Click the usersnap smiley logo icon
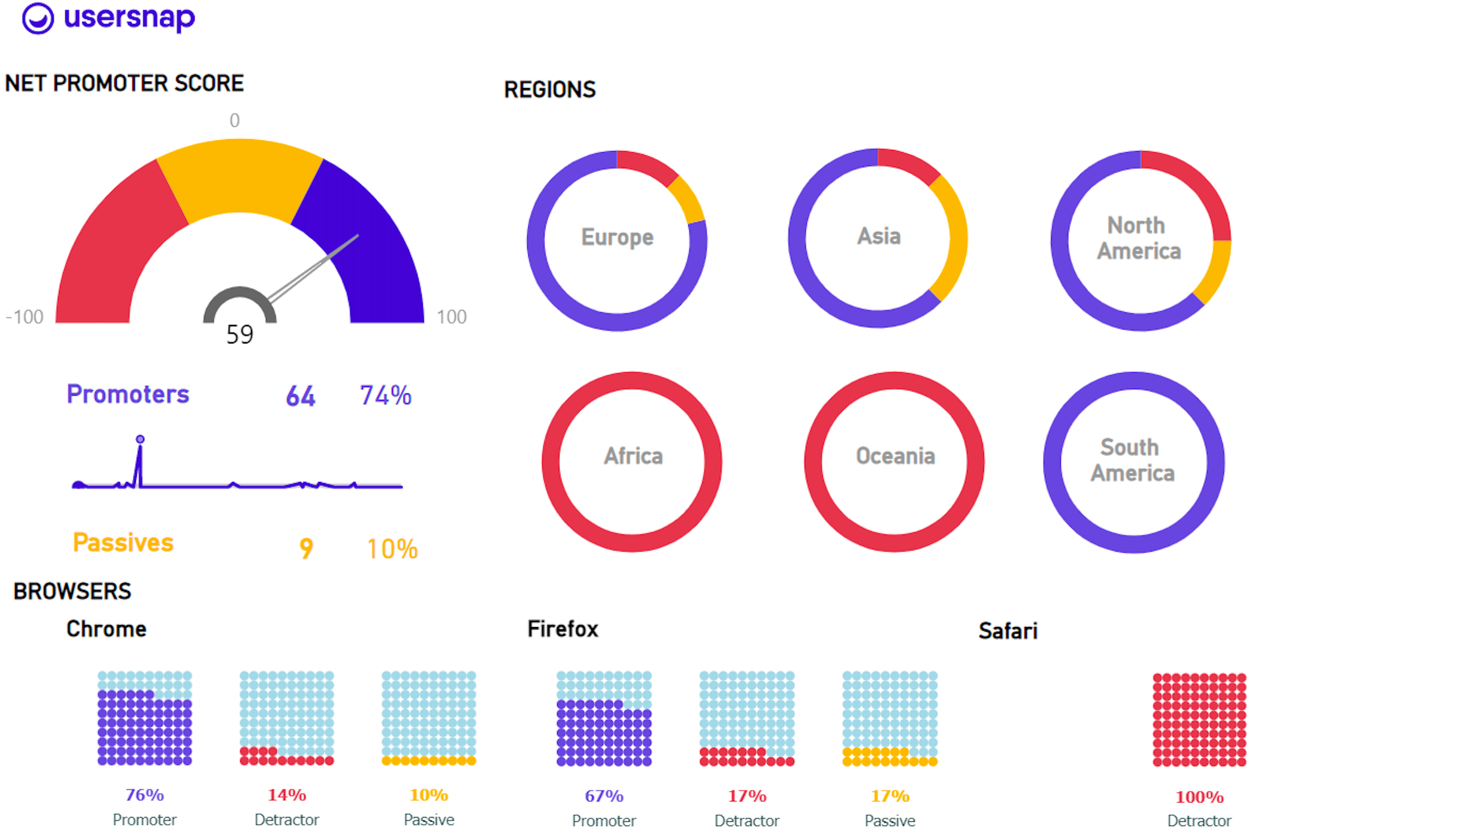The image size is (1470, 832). pos(37,19)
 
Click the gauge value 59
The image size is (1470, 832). pos(240,334)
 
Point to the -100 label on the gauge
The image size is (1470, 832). pos(25,316)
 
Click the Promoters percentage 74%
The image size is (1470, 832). pos(385,396)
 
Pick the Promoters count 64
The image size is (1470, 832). pos(301,396)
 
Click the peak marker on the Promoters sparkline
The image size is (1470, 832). pos(140,439)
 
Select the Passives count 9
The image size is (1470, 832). pos(306,548)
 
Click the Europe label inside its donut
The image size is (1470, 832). pos(617,237)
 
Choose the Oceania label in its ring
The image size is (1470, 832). pos(895,456)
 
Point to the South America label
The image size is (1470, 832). pos(1132,460)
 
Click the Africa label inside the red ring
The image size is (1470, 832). pos(633,456)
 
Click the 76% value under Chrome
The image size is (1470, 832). pos(144,795)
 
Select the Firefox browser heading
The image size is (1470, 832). pos(562,629)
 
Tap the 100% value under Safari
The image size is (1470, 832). pos(1199,797)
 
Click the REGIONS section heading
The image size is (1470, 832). pos(549,90)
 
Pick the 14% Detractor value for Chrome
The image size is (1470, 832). pos(286,795)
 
